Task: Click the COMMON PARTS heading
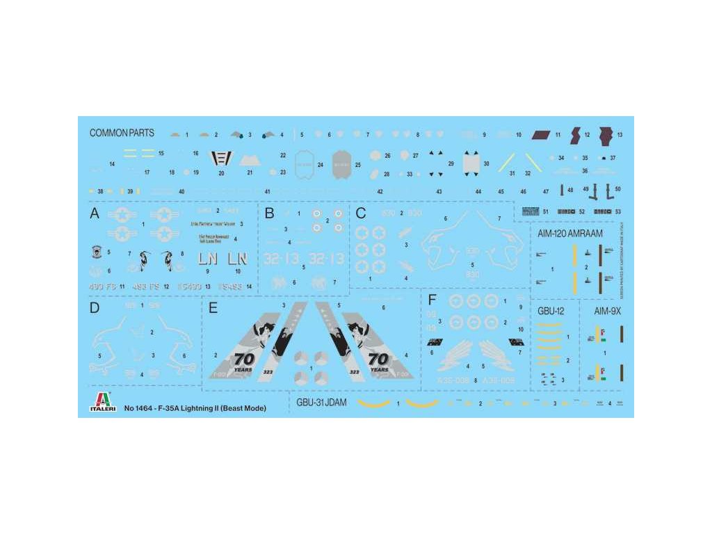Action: pyautogui.click(x=122, y=133)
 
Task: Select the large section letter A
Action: pyautogui.click(x=95, y=214)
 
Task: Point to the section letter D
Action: pyautogui.click(x=95, y=308)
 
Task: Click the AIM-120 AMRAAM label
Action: pyautogui.click(x=570, y=234)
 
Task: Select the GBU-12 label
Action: pyautogui.click(x=551, y=311)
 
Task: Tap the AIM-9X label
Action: pyautogui.click(x=608, y=311)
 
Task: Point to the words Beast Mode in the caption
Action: pyautogui.click(x=243, y=408)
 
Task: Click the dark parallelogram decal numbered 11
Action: pyautogui.click(x=541, y=134)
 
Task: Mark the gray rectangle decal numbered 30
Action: pyautogui.click(x=470, y=163)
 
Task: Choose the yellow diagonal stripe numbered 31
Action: pyautogui.click(x=505, y=162)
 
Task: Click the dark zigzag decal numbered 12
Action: pyautogui.click(x=576, y=134)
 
